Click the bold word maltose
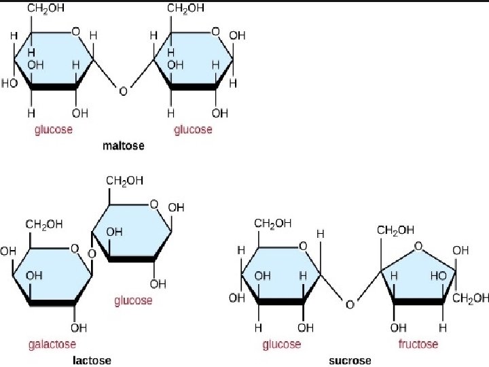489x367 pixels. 123,146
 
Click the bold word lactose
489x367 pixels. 92,360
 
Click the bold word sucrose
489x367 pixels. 350,360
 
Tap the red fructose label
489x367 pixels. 418,345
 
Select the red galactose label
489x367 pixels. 52,345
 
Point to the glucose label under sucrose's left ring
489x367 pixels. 281,345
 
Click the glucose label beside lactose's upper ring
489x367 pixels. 133,300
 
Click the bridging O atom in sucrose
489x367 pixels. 350,304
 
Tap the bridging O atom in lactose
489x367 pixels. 92,255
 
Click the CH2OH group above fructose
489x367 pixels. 395,230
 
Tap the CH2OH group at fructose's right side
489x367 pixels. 470,298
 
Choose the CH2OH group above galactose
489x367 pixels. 45,224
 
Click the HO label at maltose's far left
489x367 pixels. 10,84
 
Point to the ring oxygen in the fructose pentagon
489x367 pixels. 417,247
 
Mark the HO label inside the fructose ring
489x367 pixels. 438,277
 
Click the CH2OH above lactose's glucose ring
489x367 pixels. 124,180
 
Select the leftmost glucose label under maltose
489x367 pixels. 54,129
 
